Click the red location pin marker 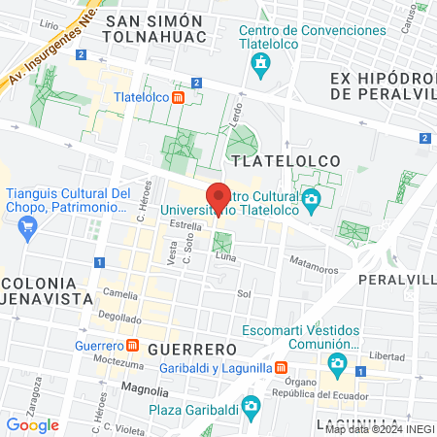pos(218,197)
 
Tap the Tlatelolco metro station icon pos(179,97)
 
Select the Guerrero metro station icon pos(131,346)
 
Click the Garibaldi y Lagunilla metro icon pos(280,368)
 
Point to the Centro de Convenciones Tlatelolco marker pos(260,65)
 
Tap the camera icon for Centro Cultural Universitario pos(312,202)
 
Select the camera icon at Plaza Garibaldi pos(251,405)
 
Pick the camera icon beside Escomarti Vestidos pos(337,365)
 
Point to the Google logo pos(32,424)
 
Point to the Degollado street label pos(119,317)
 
